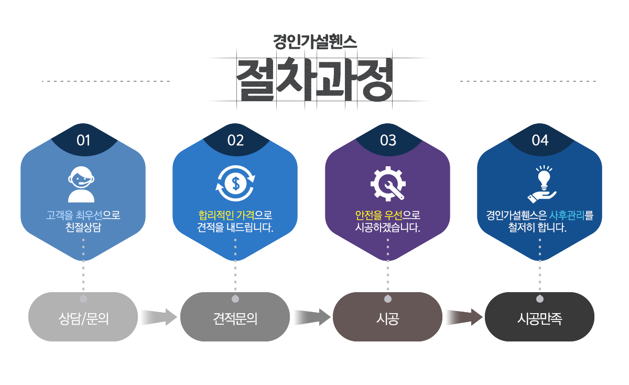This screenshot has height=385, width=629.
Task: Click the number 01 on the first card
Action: point(83,141)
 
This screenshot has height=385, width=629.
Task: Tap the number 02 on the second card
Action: point(235,141)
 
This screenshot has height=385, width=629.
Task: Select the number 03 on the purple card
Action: point(388,141)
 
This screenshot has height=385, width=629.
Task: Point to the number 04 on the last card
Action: point(540,141)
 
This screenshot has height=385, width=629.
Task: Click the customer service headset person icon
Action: point(82,184)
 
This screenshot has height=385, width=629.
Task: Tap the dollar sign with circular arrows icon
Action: point(235,184)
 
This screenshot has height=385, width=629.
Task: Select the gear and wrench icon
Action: point(388,184)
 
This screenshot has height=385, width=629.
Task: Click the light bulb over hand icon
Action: point(540,184)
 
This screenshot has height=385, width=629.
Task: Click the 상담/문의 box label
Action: point(83,319)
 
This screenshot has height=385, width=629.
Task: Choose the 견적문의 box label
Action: point(235,319)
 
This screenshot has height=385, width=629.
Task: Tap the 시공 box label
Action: point(387,319)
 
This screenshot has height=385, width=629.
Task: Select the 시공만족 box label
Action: point(539,319)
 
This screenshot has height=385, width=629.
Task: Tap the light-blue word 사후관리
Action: point(567,216)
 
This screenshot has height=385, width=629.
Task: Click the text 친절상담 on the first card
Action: point(83,228)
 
